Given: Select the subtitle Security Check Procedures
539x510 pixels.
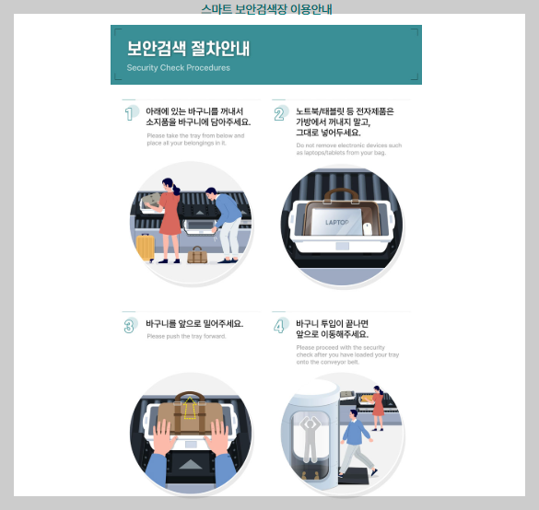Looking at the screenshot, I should (178, 67).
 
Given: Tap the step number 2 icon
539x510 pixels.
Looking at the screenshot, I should (279, 114).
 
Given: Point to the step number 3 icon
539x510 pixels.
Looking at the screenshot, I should (130, 325).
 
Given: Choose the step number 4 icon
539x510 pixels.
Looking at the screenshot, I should (279, 326).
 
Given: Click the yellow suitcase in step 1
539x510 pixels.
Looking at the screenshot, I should (145, 246).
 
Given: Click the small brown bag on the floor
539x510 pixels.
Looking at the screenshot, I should (197, 254).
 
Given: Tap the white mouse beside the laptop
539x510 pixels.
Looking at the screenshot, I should (368, 227).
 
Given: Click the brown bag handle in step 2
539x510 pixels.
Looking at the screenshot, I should (342, 193).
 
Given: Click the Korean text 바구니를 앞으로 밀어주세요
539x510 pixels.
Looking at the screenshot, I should (194, 323).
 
